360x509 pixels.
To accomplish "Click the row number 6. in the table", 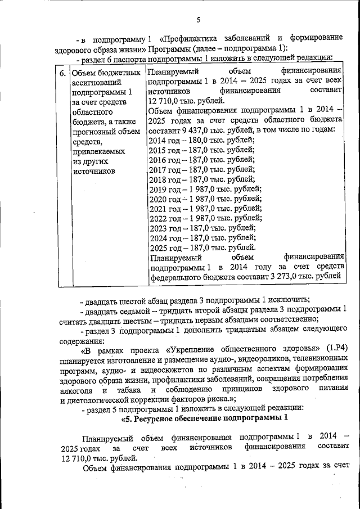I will (62, 73).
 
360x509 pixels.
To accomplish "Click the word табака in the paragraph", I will (129, 390).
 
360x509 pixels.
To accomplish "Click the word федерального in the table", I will (177, 277).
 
